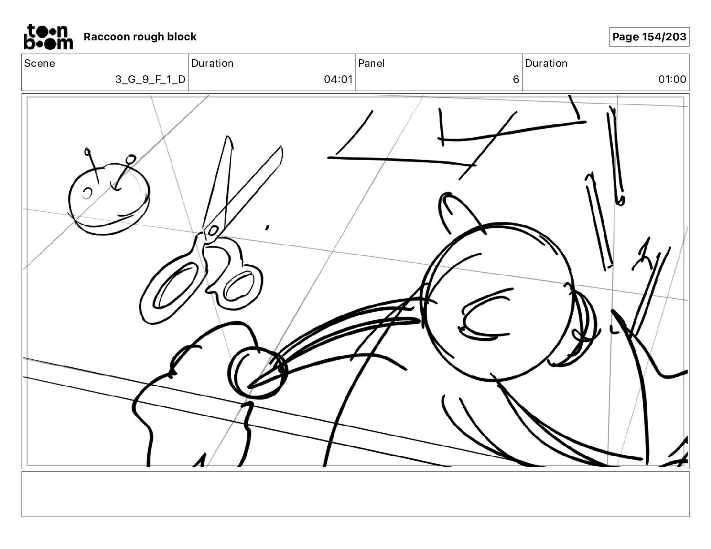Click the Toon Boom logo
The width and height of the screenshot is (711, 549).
point(48,36)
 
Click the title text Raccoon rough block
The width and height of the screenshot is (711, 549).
point(140,37)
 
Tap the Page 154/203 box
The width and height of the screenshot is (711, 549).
point(649,37)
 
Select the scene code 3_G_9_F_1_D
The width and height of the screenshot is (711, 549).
point(150,79)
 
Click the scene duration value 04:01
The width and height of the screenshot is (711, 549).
point(338,79)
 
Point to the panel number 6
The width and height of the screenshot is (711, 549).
point(516,79)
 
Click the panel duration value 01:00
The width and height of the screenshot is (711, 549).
point(672,79)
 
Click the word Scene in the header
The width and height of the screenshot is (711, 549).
point(39,63)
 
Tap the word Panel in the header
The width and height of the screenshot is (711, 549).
point(371,63)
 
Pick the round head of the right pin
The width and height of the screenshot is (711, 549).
point(131,159)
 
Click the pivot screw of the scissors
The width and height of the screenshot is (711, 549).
point(212,231)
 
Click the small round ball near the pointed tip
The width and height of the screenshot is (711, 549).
point(257,373)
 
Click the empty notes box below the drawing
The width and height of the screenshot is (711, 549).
point(355,494)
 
